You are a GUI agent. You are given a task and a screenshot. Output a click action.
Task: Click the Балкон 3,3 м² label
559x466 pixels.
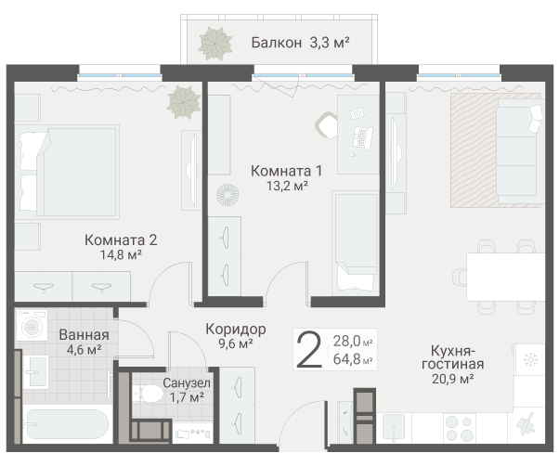coord(300,43)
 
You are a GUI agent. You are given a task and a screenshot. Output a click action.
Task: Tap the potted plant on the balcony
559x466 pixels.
coord(215,44)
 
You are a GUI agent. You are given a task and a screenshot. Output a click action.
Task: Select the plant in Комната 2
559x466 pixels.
coord(184,102)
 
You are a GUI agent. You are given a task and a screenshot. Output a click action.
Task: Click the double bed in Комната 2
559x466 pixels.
coord(67,172)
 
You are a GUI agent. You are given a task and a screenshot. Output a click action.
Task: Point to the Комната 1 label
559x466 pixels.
coord(286,171)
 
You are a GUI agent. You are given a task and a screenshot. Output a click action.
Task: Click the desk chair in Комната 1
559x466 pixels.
coord(326,125)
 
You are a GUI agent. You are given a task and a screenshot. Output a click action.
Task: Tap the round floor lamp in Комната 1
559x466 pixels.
coord(227,195)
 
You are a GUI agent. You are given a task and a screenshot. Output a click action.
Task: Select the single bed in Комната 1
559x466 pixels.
coord(355,243)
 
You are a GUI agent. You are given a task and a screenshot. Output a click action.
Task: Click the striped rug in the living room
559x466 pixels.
coord(496,150)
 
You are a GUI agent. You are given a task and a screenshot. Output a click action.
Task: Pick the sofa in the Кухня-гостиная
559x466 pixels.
coord(520,151)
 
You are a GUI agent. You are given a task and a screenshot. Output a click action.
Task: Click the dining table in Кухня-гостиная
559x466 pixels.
coord(505,277)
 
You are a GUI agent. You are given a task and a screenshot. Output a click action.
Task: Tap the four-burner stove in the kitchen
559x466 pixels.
coord(460,428)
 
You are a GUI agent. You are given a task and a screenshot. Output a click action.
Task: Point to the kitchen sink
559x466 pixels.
coord(394,428)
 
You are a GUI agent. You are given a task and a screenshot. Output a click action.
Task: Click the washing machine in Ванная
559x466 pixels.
coord(32,325)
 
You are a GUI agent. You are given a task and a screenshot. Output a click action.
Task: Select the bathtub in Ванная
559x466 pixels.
coord(68,424)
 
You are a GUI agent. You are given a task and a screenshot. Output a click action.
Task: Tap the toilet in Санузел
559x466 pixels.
coord(148,394)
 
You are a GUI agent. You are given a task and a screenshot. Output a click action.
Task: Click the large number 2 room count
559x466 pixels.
coord(309,349)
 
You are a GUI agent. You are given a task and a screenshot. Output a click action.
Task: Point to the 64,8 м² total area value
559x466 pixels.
coord(353,359)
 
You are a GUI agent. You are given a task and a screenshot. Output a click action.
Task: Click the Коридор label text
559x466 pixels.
coord(236,329)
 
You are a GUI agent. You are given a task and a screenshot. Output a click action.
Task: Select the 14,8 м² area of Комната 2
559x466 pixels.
coord(121,254)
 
